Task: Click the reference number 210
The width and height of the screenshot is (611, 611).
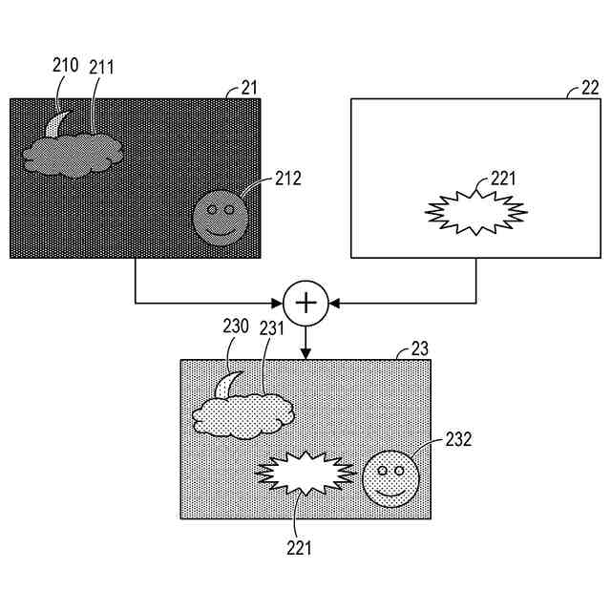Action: tap(66, 66)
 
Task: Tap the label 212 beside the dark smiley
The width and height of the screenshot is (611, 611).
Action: tap(287, 177)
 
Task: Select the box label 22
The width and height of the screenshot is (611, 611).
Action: tap(590, 89)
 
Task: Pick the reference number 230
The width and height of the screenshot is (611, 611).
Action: tap(236, 326)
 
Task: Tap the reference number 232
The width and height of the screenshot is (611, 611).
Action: tap(458, 439)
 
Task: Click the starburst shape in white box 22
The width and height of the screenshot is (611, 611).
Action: tap(474, 211)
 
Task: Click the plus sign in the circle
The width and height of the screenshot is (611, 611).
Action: tap(305, 303)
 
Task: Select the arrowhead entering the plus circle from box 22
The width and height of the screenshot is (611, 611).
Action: tap(334, 303)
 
